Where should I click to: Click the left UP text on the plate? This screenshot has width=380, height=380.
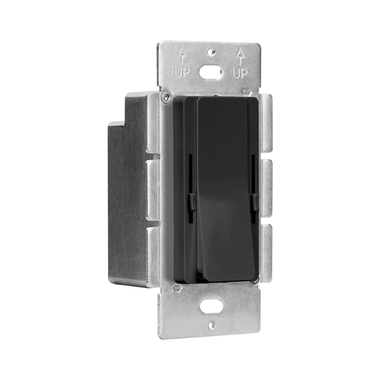[x=182, y=71]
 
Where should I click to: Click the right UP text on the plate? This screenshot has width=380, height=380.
[x=240, y=73]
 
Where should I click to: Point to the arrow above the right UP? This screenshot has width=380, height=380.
[x=240, y=57]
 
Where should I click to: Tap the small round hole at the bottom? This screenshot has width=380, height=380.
[x=212, y=325]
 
